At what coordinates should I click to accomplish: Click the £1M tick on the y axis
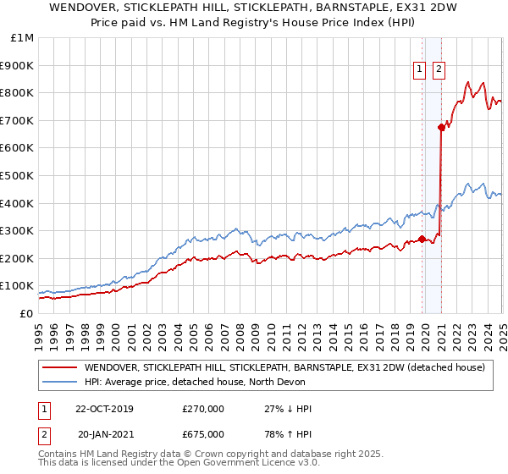(19, 38)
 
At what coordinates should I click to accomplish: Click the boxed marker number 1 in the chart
(419, 70)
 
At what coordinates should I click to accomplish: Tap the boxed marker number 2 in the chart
(439, 70)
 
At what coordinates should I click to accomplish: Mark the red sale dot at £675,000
(441, 127)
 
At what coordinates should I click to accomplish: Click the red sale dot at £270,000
(422, 239)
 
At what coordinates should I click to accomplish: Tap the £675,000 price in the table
(203, 434)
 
